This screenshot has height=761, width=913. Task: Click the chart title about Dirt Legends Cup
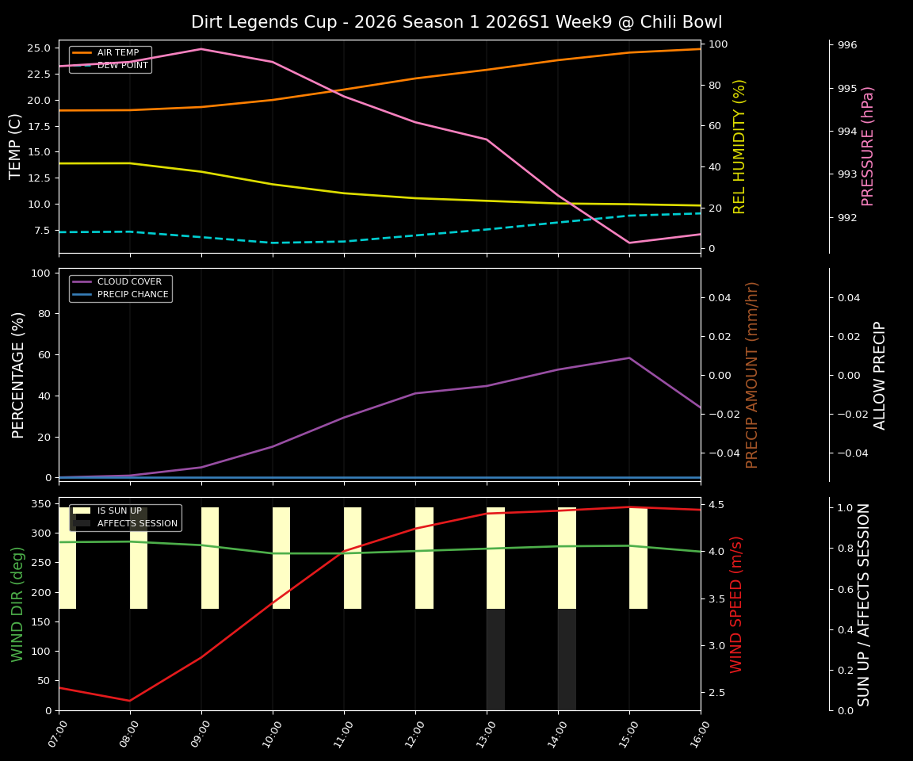point(456,22)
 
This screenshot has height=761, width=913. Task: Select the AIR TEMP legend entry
point(117,53)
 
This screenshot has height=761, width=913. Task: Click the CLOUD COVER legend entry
point(129,282)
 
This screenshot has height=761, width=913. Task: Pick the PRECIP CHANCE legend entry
point(132,295)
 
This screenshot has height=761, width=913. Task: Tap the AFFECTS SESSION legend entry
point(137,524)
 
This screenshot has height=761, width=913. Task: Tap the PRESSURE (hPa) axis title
point(868,146)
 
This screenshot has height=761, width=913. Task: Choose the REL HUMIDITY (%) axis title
point(739,146)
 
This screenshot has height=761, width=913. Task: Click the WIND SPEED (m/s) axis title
point(737,604)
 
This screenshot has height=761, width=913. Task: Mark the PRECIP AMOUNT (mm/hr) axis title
point(752,374)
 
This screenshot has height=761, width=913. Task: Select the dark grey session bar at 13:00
point(495,660)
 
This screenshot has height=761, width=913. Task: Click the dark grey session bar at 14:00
point(567,660)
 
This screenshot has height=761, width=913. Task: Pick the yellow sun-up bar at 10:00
point(281,558)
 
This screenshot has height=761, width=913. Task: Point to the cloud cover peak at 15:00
point(629,358)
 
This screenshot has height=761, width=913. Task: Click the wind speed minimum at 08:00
point(130,701)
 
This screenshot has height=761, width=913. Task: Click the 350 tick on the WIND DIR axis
point(40,503)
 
